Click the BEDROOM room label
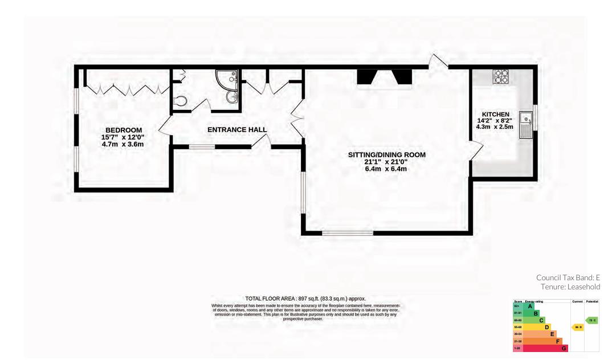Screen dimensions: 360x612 [x=123, y=130]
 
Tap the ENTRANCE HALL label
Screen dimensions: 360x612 [x=237, y=130]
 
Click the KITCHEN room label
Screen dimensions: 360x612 [x=495, y=114]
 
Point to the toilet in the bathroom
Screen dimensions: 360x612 [x=179, y=102]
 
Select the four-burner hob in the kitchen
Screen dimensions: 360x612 [x=501, y=76]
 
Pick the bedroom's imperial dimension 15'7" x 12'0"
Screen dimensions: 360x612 [x=123, y=137]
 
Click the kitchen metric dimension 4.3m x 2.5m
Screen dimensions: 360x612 [x=495, y=126]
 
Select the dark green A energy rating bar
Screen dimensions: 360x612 [x=527, y=306]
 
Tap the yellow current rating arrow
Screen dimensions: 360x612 [x=577, y=328]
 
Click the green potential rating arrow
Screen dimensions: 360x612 [x=592, y=320]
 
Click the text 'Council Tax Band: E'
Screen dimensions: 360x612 [x=568, y=277]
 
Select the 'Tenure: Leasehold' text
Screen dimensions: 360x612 [x=570, y=287]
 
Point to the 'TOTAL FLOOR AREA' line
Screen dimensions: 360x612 [x=305, y=298]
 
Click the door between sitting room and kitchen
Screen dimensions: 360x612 [x=476, y=150]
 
